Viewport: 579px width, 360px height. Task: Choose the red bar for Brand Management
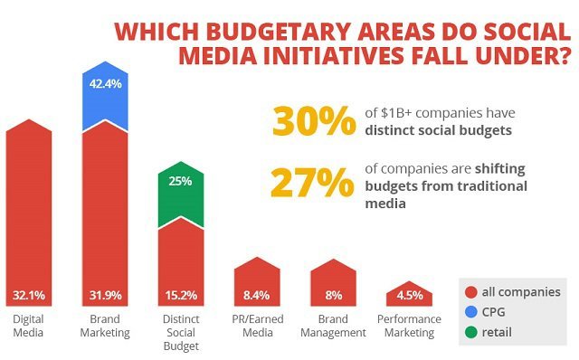coord(335,282)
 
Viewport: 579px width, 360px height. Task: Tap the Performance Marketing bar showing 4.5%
coord(410,295)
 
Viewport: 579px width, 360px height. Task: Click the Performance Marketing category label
coord(410,327)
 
